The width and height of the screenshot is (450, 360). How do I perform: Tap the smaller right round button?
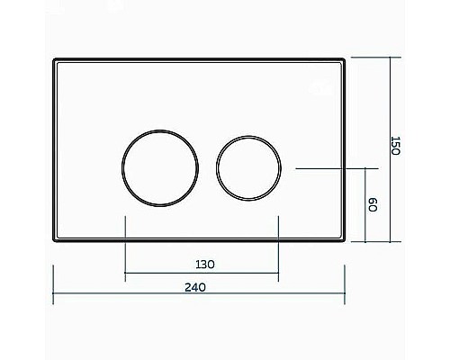pos(248,168)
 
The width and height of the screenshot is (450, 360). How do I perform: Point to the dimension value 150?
pos(393,147)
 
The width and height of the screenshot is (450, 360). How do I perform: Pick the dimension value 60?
pos(370,205)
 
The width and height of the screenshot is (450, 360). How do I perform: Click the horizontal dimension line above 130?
pos(201,274)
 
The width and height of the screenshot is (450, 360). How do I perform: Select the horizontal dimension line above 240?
pos(198,297)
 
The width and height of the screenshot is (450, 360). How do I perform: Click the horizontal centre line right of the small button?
pos(333,168)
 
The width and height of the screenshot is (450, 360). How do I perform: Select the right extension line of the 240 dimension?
pos(345,283)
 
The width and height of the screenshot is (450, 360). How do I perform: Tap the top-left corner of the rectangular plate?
pos(55,60)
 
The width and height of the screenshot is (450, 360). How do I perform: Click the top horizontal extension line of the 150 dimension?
pos(373,58)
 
